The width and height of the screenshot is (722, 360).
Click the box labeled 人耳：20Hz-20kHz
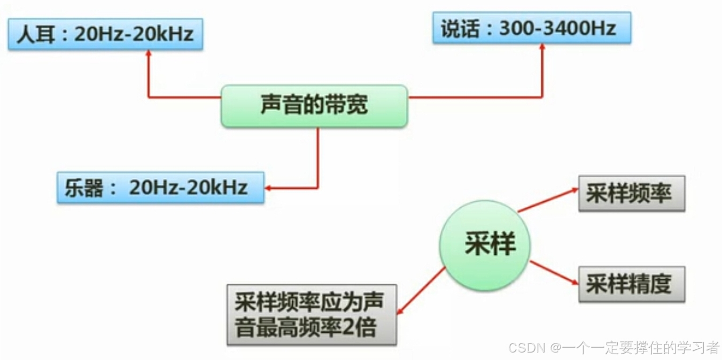click(x=105, y=34)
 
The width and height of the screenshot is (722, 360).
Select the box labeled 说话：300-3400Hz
click(x=531, y=28)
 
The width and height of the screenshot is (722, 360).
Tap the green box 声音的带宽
click(x=314, y=105)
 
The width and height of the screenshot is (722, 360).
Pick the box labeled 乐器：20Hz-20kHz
click(x=160, y=187)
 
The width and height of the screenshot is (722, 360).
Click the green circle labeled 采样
click(x=485, y=245)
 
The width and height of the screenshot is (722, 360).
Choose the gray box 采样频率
click(x=631, y=193)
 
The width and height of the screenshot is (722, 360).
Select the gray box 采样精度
click(x=631, y=284)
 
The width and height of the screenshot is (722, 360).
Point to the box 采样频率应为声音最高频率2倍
click(x=312, y=315)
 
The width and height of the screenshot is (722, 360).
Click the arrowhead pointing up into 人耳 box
click(x=148, y=53)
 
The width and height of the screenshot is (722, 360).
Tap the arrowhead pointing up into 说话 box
click(x=542, y=47)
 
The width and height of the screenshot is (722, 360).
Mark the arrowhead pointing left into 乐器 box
click(x=269, y=188)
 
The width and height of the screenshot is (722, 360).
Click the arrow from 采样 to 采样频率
click(x=548, y=200)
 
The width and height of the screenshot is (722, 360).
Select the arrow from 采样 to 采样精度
click(x=553, y=272)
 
